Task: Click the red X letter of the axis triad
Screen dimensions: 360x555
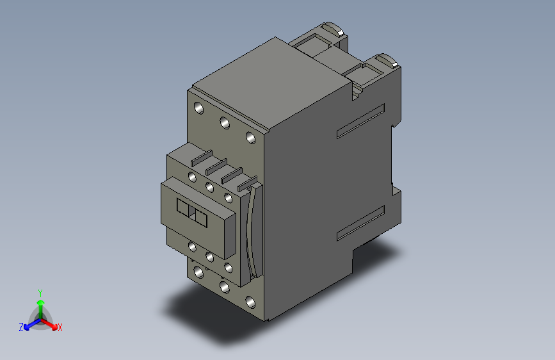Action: [x=60, y=327]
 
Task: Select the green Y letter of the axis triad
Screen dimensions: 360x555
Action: [x=40, y=292]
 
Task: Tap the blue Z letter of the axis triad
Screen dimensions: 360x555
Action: [x=21, y=327]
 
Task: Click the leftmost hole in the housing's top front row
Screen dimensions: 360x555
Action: [x=198, y=108]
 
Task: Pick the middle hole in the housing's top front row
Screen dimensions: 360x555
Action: [x=224, y=122]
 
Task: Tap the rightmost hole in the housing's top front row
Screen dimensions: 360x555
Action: [x=251, y=137]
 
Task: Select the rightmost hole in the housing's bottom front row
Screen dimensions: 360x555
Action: [x=250, y=301]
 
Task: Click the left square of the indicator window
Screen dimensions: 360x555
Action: [x=184, y=209]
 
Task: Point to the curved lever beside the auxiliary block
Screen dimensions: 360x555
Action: [x=256, y=231]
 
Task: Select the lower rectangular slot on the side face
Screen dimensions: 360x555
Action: [x=360, y=224]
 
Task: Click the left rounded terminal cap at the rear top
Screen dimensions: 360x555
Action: [x=332, y=29]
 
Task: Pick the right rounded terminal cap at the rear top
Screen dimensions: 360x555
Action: [x=390, y=61]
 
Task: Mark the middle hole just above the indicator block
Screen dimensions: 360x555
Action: [x=209, y=187]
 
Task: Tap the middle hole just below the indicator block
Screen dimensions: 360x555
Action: [x=209, y=256]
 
